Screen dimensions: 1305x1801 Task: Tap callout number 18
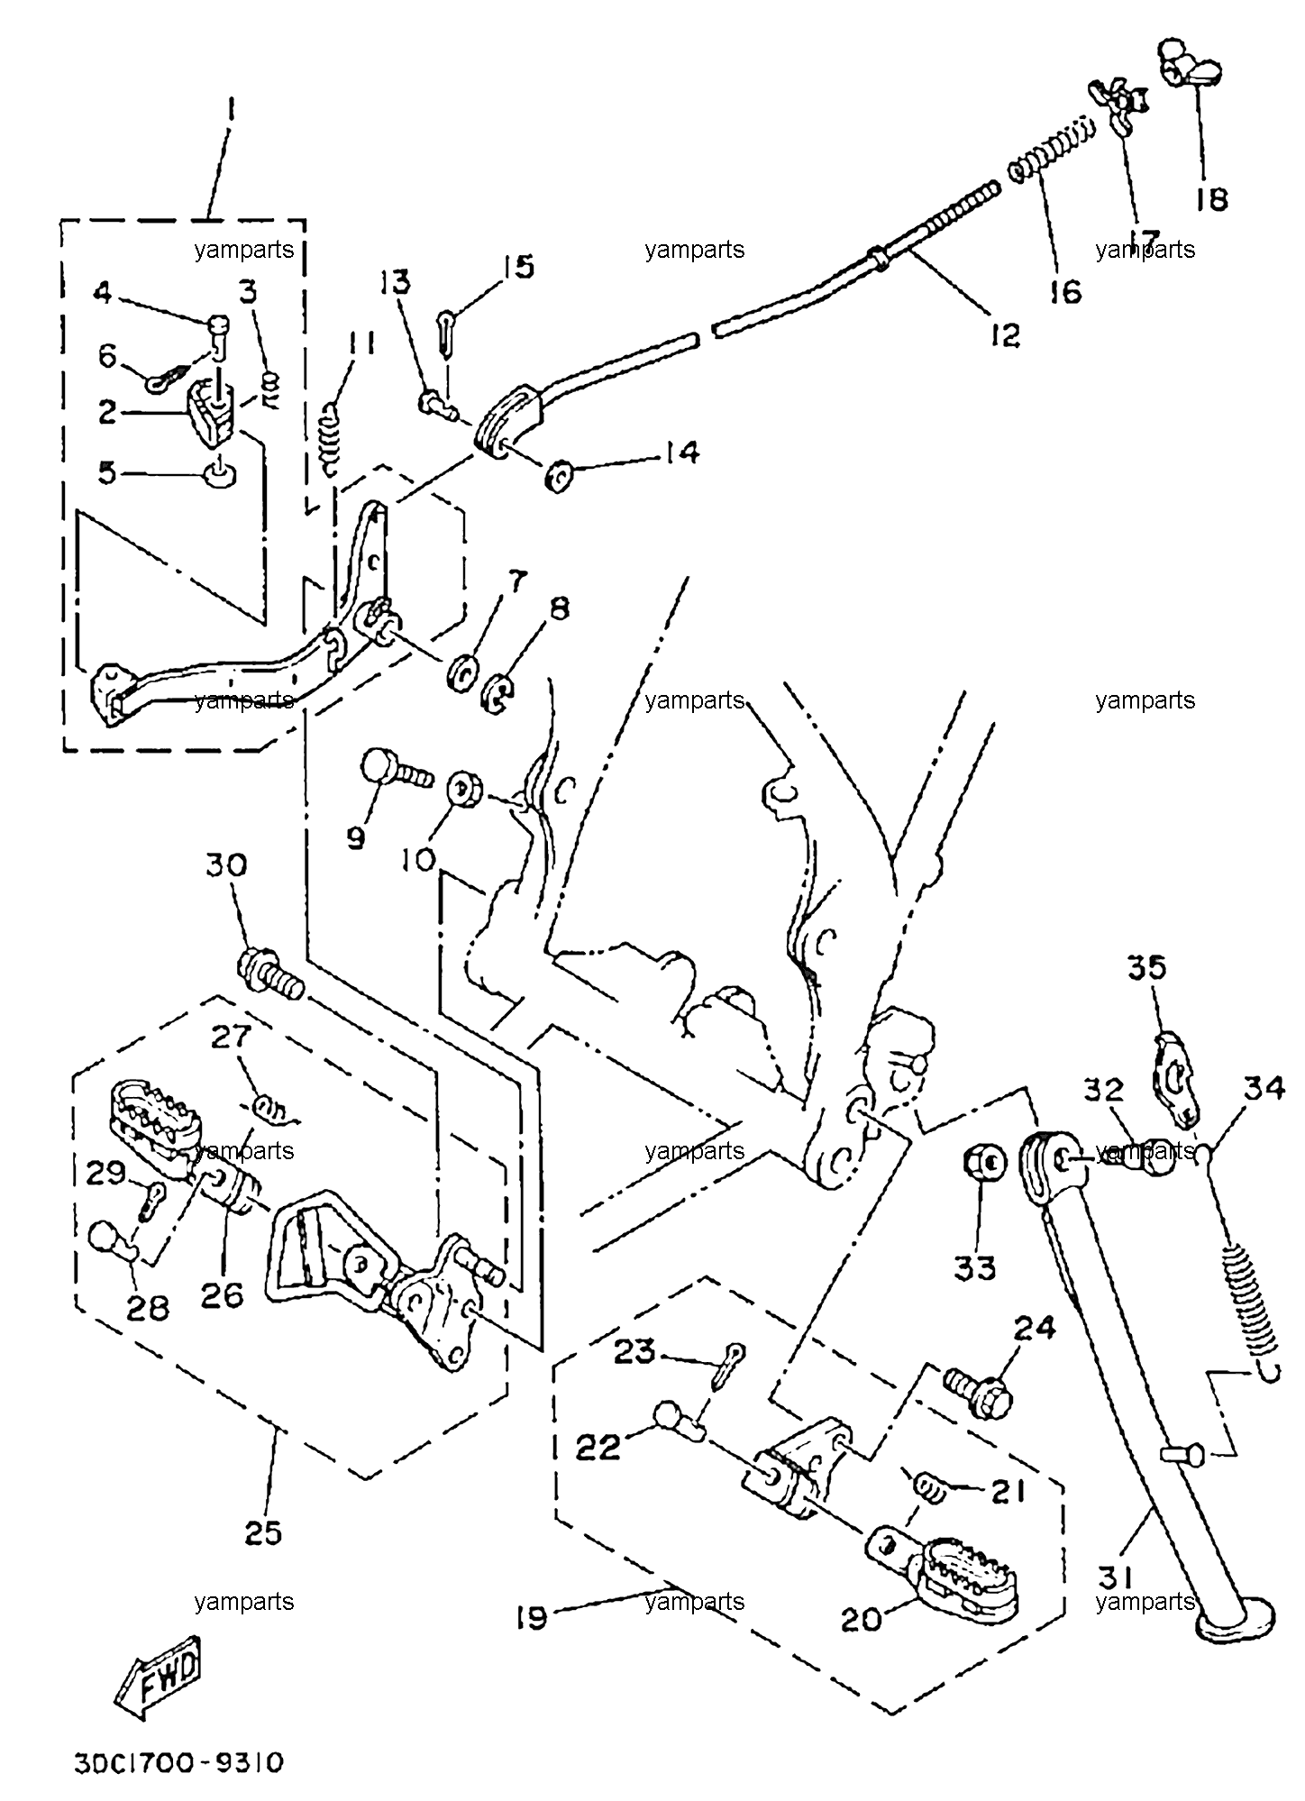point(1213,199)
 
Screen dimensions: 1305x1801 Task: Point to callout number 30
point(226,866)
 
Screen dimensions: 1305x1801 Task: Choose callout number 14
point(682,452)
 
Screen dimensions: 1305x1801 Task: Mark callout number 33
point(975,1269)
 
